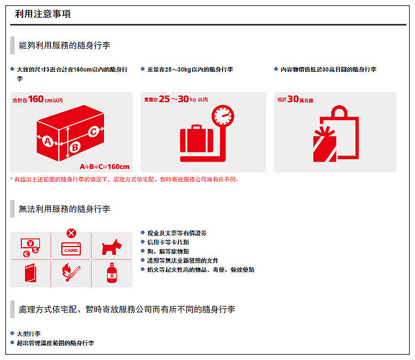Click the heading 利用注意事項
coord(43,14)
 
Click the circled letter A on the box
coord(47,141)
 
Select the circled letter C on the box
coord(93,131)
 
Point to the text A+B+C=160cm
coord(105,166)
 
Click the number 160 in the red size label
coord(36,99)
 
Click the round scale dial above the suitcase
coord(223,115)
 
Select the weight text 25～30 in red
coord(177,99)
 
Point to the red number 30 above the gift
coord(293,99)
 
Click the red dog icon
coord(111,247)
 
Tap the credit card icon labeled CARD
coord(71,250)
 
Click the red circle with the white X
coord(71,233)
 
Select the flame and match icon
coord(71,273)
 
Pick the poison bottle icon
coord(111,274)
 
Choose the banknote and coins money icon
coord(31,246)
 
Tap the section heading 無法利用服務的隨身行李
coord(64,209)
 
